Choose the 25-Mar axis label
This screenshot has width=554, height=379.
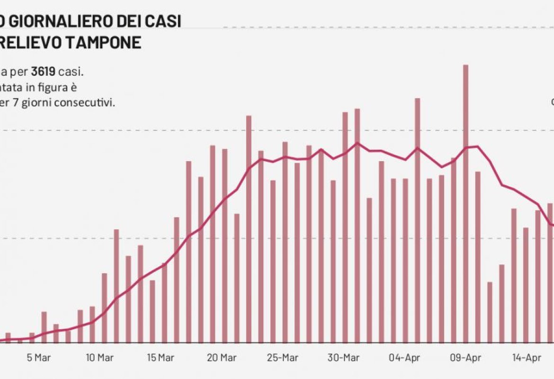click(282, 358)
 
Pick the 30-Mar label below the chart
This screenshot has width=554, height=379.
click(342, 358)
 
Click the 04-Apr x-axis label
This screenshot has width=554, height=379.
click(403, 358)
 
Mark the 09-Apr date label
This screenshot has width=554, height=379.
click(465, 358)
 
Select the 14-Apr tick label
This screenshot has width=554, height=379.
click(525, 358)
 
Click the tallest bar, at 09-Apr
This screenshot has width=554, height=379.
click(465, 204)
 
